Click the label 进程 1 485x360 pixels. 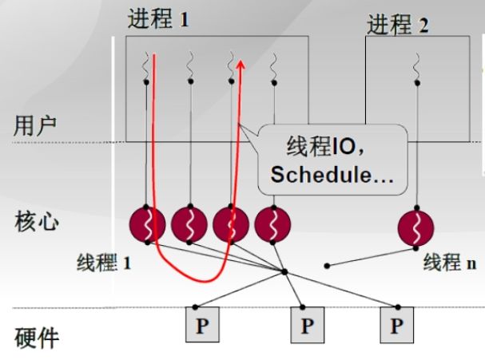click(x=158, y=19)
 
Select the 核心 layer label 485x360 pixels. click(x=36, y=220)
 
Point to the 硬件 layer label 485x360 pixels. click(x=36, y=335)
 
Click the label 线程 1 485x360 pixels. click(x=104, y=262)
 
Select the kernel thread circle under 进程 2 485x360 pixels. click(x=416, y=227)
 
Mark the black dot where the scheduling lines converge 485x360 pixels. click(x=285, y=273)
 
